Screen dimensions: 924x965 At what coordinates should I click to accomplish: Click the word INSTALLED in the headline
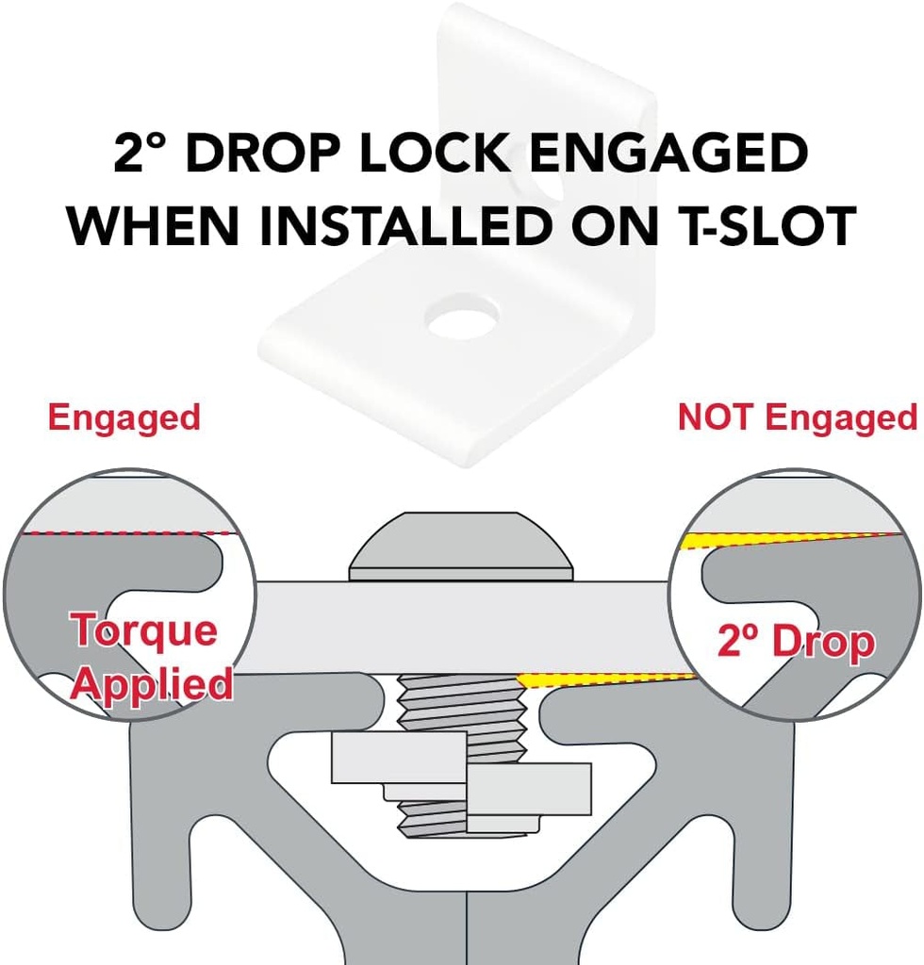[x=405, y=225]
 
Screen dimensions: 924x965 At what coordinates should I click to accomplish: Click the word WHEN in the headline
[x=154, y=225]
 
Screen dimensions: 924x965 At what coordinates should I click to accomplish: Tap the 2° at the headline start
[x=140, y=153]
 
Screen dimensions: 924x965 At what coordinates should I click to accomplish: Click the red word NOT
[x=716, y=417]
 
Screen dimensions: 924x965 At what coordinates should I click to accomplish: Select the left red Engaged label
[x=124, y=418]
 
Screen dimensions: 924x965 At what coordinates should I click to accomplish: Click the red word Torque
[x=144, y=630]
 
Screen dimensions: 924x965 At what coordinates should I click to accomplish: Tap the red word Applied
[x=152, y=684]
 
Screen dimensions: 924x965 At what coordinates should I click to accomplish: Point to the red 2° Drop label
[x=796, y=641]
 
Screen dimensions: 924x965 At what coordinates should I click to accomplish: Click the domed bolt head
[x=461, y=547]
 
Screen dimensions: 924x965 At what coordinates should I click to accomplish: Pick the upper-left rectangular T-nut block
[x=400, y=757]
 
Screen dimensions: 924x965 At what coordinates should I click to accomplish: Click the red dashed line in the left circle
[x=128, y=533]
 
